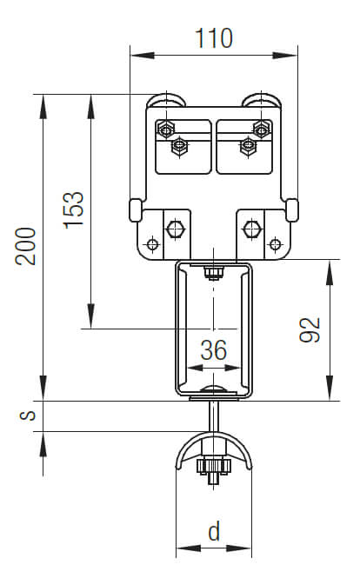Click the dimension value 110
click(x=214, y=38)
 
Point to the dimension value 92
click(x=310, y=329)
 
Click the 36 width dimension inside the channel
click(x=213, y=350)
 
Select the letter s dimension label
click(x=30, y=415)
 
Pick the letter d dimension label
click(x=213, y=529)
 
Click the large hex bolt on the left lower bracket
click(x=174, y=229)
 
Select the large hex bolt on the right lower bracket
click(x=251, y=229)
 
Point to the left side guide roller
click(x=135, y=209)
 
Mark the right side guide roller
click(x=292, y=209)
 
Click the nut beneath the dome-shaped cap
click(x=213, y=469)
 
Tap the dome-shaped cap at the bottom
click(x=213, y=449)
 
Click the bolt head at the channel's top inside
click(x=213, y=274)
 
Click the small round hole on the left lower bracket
click(x=153, y=244)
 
